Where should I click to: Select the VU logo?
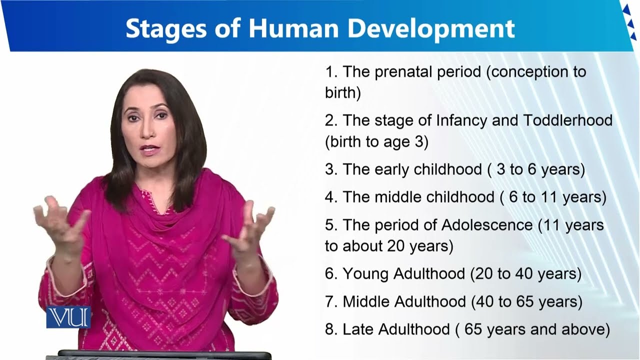click(x=68, y=317)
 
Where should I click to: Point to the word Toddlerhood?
click(x=567, y=120)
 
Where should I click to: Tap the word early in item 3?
click(x=391, y=169)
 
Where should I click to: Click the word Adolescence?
click(x=487, y=225)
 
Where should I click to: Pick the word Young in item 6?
click(x=366, y=274)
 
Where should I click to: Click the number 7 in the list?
click(x=329, y=302)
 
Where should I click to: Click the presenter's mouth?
click(x=148, y=149)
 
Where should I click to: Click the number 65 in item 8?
click(x=473, y=329)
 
